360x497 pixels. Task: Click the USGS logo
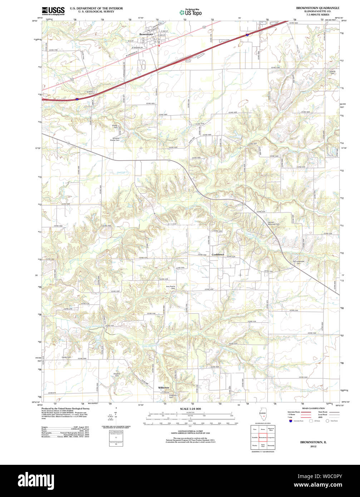(x=53, y=11)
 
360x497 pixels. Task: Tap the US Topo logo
(x=191, y=13)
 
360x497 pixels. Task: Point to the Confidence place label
(x=218, y=255)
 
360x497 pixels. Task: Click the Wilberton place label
(x=164, y=388)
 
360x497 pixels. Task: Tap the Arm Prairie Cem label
(x=171, y=287)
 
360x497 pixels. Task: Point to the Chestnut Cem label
(x=118, y=374)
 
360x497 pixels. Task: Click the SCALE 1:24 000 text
(x=190, y=409)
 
